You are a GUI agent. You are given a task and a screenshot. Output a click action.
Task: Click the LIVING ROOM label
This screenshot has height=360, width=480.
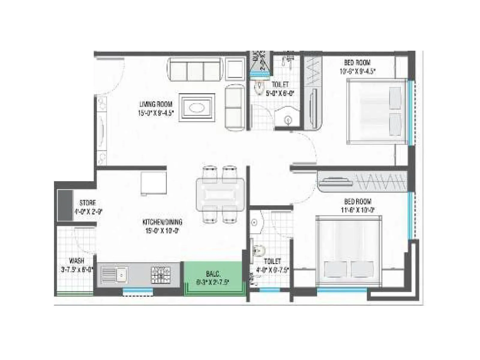point(156,104)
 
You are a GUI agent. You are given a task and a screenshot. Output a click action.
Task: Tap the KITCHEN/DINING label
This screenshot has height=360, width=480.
point(162,222)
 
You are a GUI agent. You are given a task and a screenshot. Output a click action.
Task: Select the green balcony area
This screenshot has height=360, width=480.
point(213,277)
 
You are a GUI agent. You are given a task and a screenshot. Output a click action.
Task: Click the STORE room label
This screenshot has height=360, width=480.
point(88,203)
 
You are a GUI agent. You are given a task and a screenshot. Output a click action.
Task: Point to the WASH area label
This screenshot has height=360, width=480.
point(76,261)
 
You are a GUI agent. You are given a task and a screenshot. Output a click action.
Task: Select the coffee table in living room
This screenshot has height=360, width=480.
point(197,107)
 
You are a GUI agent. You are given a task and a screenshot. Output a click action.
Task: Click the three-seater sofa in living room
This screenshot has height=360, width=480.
point(195,70)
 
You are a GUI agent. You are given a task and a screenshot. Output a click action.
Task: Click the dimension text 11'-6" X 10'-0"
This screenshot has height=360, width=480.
point(357,210)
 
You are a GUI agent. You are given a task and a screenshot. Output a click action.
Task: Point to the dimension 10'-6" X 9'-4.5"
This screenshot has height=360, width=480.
point(357,71)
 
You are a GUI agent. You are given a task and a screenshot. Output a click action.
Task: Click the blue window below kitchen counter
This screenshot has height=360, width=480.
point(138,290)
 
